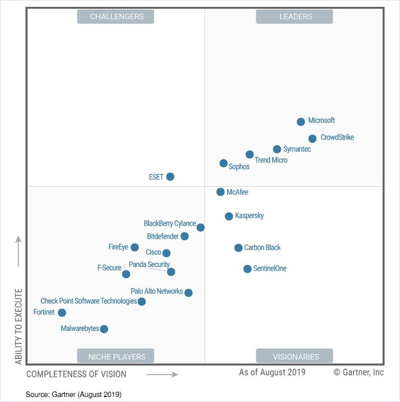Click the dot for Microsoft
tap(301, 122)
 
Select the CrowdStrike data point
tap(312, 138)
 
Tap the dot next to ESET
tap(170, 177)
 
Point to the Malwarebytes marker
tap(104, 329)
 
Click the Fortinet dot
tap(62, 313)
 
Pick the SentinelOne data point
tap(248, 268)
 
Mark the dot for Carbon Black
tap(238, 248)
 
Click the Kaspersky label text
tap(249, 215)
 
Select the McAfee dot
tap(221, 192)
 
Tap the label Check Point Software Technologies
tap(88, 301)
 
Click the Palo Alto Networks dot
tap(188, 293)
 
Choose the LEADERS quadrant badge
tap(295, 17)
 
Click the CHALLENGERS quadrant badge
tap(116, 17)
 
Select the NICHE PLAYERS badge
tap(116, 356)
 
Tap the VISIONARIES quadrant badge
tap(295, 356)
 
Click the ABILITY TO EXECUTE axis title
tap(19, 326)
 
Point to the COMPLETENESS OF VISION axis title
tap(76, 374)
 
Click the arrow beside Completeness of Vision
tap(162, 374)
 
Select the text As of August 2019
tap(272, 372)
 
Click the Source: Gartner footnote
tap(74, 394)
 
